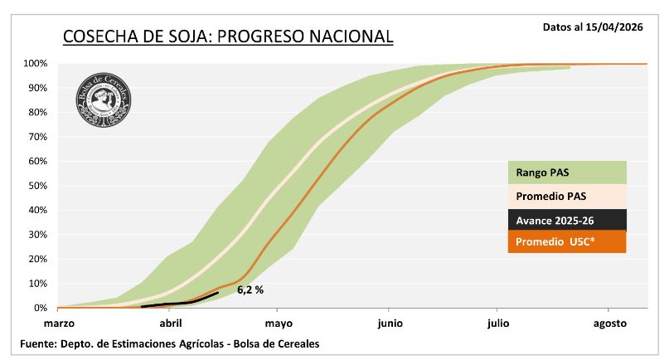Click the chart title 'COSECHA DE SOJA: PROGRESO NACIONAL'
228,37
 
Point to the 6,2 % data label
250,290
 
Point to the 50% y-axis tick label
37,186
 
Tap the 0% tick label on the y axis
41,308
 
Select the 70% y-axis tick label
37,137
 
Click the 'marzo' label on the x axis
59,323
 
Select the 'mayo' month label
279,323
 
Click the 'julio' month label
498,323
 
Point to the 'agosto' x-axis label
609,323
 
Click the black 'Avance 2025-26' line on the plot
178,303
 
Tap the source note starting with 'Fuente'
170,343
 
